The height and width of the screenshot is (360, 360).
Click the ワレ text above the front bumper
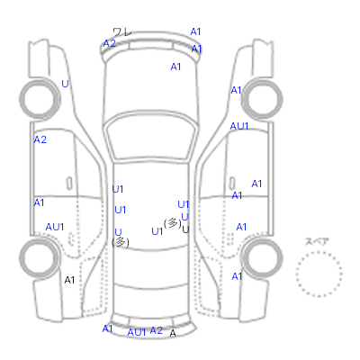(122, 31)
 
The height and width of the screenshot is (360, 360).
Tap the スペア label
(317, 241)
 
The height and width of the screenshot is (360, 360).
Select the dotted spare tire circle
(319, 274)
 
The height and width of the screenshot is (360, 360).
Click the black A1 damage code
(69, 280)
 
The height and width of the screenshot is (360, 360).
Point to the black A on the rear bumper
(173, 333)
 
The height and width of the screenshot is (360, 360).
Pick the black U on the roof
(185, 229)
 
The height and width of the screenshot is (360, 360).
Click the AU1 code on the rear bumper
(137, 332)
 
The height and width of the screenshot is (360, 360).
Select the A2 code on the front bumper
(110, 43)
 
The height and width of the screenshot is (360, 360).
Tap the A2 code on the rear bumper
(156, 330)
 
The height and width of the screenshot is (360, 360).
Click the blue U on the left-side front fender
(65, 84)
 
